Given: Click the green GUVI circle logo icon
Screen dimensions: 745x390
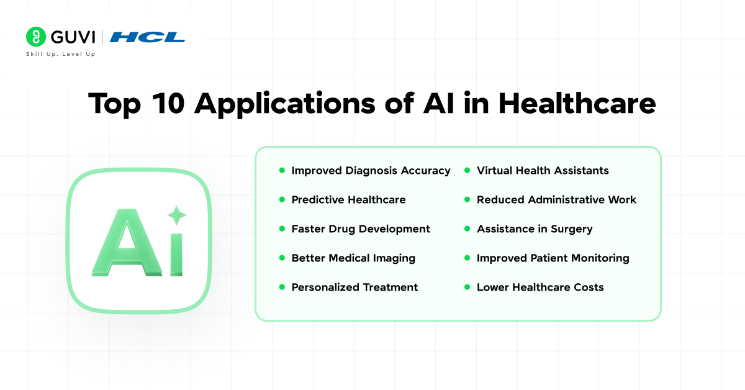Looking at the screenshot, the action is (36, 37).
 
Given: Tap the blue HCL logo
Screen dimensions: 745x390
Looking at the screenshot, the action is (147, 37).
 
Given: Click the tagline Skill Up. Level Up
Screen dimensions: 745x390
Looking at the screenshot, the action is (61, 54).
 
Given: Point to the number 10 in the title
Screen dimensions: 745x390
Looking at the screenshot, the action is (168, 104).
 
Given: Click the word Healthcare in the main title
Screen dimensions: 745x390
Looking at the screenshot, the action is (577, 103).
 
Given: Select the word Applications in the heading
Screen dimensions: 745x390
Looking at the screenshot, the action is (285, 104).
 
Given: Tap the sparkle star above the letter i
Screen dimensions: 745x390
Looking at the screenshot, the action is (177, 215).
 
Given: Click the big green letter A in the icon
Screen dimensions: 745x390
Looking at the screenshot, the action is (127, 242).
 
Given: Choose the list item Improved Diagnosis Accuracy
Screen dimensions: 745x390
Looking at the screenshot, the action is (371, 171).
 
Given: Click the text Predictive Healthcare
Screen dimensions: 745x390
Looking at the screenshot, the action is (348, 200).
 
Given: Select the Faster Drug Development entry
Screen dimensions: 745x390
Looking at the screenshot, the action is (361, 229).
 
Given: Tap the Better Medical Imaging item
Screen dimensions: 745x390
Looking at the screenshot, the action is (353, 258).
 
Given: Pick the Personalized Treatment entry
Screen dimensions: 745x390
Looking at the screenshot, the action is (354, 287).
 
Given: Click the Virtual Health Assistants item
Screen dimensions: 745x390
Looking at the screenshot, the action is (543, 170).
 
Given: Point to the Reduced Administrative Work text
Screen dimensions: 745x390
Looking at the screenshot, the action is (556, 200).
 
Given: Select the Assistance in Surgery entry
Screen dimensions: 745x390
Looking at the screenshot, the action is (535, 229).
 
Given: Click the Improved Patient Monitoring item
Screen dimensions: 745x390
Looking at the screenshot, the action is (553, 258).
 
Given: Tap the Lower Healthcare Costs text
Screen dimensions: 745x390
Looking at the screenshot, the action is (540, 287).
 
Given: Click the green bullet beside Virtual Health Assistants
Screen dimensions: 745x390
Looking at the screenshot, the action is (467, 170).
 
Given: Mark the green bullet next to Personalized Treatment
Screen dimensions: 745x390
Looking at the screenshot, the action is (282, 287).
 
